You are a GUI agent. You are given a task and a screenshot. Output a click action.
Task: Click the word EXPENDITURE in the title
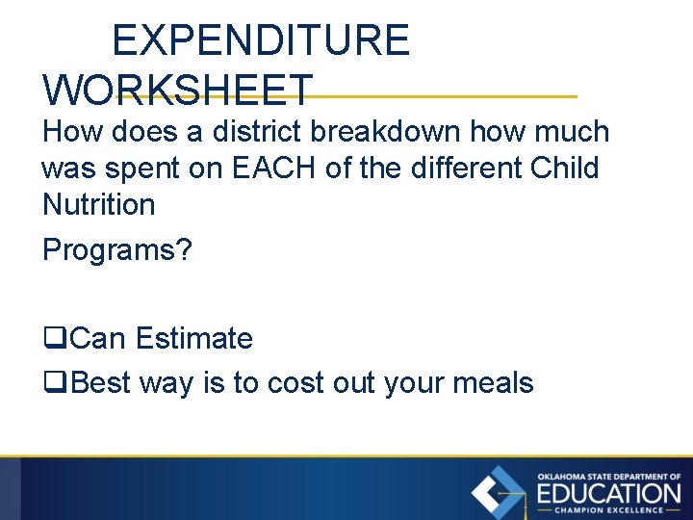261,40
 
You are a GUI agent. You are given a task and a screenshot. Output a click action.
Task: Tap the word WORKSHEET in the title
178,90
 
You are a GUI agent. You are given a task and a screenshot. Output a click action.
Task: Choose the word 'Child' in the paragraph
565,169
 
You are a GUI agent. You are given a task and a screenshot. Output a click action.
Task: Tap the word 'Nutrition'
98,204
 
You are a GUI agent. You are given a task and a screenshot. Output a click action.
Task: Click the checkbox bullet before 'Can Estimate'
54,340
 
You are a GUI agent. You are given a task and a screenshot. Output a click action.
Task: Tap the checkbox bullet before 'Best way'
54,383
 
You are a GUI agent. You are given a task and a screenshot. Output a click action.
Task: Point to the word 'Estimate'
193,339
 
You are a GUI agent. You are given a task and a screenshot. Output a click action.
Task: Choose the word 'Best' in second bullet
102,383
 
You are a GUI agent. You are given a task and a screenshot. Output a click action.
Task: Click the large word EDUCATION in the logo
608,493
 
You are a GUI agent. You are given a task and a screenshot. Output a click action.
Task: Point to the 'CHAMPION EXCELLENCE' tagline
608,510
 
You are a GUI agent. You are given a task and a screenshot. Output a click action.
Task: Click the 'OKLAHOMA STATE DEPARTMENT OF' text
608,477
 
